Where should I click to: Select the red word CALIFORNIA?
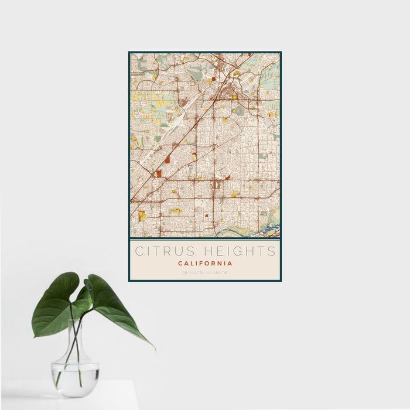point(205,264)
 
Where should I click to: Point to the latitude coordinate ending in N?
point(193,272)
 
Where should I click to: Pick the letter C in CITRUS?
point(139,251)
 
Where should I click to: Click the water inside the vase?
point(75,375)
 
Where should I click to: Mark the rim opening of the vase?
point(76,321)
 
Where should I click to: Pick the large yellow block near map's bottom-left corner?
point(142,216)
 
